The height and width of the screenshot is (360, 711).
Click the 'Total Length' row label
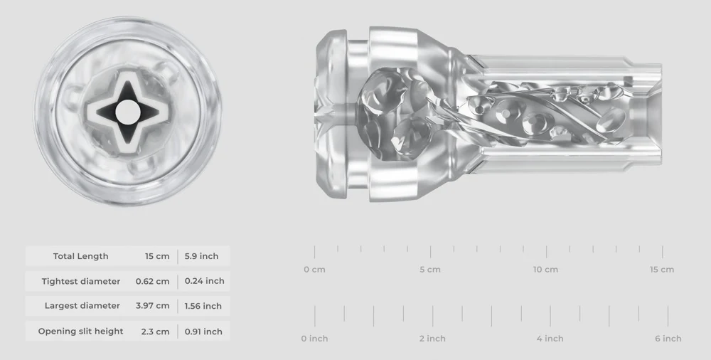click(80, 256)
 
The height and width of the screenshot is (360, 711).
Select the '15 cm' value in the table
click(157, 256)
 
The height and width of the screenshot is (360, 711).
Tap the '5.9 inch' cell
click(201, 256)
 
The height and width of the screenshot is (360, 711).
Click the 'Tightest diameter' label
click(80, 281)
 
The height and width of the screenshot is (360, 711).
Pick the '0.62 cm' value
click(152, 281)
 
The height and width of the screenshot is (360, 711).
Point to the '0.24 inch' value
click(204, 281)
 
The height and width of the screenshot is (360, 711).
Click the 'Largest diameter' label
click(82, 306)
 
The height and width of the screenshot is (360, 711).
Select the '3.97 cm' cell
click(152, 306)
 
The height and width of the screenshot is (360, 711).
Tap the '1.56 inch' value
click(203, 306)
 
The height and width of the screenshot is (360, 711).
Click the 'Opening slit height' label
click(80, 332)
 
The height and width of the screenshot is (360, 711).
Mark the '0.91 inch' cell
click(203, 332)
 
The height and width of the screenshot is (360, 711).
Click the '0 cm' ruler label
click(314, 270)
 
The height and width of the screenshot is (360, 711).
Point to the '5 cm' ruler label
click(430, 270)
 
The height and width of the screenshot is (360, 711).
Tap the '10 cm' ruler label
click(545, 270)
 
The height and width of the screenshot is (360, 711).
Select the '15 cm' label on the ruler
click(662, 270)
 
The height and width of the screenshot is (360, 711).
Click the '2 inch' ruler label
click(432, 339)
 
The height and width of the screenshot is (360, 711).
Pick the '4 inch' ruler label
click(550, 339)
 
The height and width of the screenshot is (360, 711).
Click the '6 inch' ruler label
click(668, 339)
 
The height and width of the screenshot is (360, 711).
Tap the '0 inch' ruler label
click(314, 339)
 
